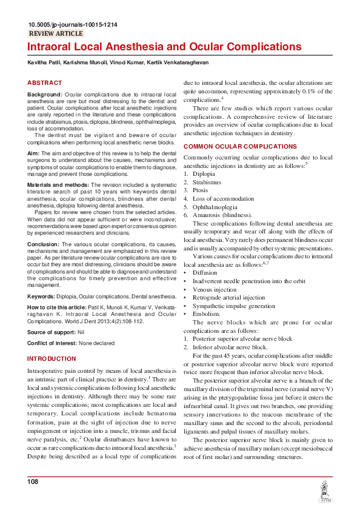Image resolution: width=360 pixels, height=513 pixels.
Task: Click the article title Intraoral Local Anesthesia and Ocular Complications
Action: point(164,47)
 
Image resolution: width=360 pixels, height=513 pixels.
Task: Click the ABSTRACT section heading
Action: point(45,82)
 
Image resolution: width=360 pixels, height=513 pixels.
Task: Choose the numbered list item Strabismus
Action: point(207,182)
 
